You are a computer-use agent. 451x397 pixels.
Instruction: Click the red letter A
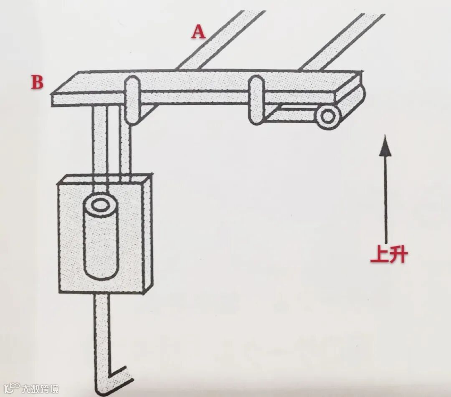(199, 32)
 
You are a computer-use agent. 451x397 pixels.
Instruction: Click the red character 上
(378, 255)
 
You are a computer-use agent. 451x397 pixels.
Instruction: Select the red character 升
(397, 255)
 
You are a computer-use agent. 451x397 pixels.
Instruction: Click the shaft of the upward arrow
(385, 196)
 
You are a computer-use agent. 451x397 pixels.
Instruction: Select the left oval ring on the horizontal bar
(132, 100)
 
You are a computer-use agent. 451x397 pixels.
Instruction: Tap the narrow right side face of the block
(147, 234)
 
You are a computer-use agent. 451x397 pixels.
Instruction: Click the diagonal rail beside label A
(217, 42)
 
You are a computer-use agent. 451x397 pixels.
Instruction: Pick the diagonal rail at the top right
(342, 42)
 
